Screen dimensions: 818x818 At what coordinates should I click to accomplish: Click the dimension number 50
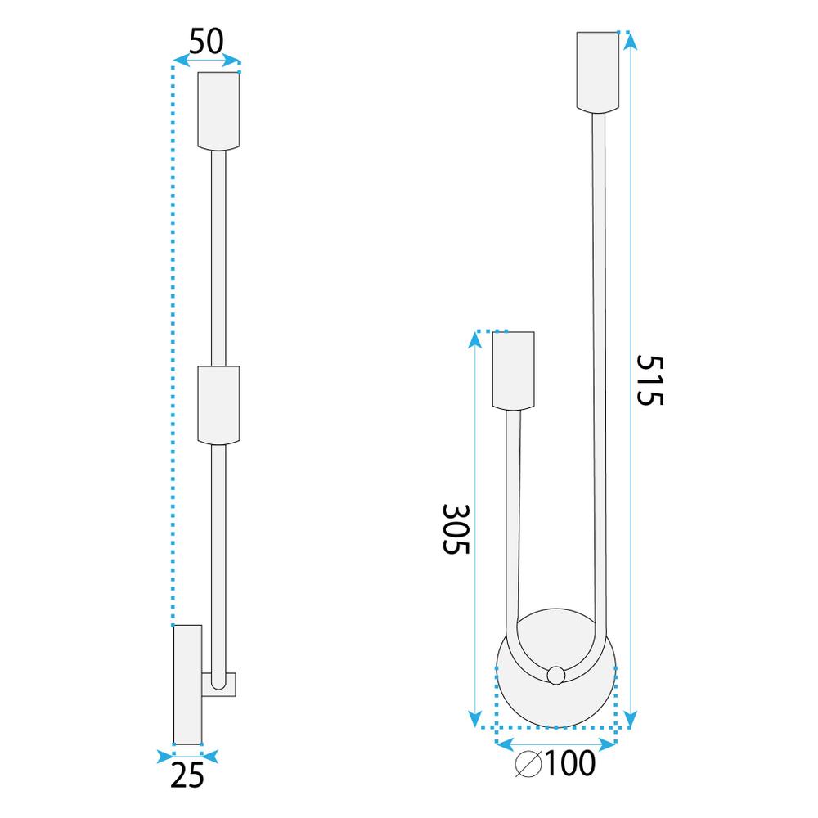tap(206, 41)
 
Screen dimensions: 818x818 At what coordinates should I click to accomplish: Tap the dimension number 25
tap(187, 775)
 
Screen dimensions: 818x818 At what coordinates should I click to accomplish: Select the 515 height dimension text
tap(651, 380)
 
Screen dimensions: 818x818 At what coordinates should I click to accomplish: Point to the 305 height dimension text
tap(455, 529)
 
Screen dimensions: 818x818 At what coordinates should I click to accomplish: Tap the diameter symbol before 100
tap(529, 764)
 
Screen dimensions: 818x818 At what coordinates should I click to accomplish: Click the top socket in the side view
tap(219, 110)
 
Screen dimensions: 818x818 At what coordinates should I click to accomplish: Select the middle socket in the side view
tap(219, 406)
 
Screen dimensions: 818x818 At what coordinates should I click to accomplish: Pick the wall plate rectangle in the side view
tap(187, 685)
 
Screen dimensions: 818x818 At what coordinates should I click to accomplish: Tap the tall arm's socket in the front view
tap(599, 71)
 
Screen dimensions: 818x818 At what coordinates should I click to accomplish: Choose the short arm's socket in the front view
tap(513, 370)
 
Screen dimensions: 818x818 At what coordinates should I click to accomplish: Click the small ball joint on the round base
tap(555, 675)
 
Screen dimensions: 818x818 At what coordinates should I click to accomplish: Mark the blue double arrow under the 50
tap(207, 61)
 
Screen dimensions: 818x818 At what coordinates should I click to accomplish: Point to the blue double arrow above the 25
tap(187, 753)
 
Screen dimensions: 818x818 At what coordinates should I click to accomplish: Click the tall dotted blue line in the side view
tap(173, 344)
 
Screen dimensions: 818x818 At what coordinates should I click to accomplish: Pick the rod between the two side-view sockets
tap(218, 258)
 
